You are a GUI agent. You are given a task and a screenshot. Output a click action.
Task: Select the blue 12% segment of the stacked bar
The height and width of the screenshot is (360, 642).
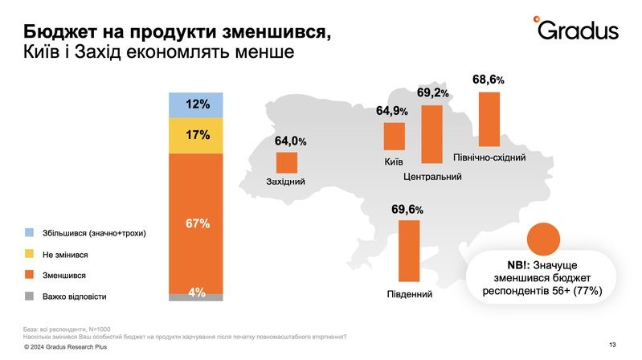pyautogui.click(x=195, y=104)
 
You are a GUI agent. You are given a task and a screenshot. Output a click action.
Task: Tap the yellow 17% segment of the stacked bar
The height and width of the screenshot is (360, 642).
pyautogui.click(x=195, y=135)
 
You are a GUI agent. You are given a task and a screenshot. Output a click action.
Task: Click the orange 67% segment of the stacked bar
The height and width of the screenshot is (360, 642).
pyautogui.click(x=195, y=223)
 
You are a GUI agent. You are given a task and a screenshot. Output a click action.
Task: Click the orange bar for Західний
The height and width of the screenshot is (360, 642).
pyautogui.click(x=287, y=162)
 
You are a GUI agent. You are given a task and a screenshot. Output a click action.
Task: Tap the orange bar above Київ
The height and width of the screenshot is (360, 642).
pyautogui.click(x=394, y=137)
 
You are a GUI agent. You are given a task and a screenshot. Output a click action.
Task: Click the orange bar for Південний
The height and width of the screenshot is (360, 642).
pyautogui.click(x=409, y=252)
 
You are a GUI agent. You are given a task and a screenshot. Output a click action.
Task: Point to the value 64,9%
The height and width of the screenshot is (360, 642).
pyautogui.click(x=392, y=111)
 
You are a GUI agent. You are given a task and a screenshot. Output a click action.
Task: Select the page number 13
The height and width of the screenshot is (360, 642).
pyautogui.click(x=612, y=344)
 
